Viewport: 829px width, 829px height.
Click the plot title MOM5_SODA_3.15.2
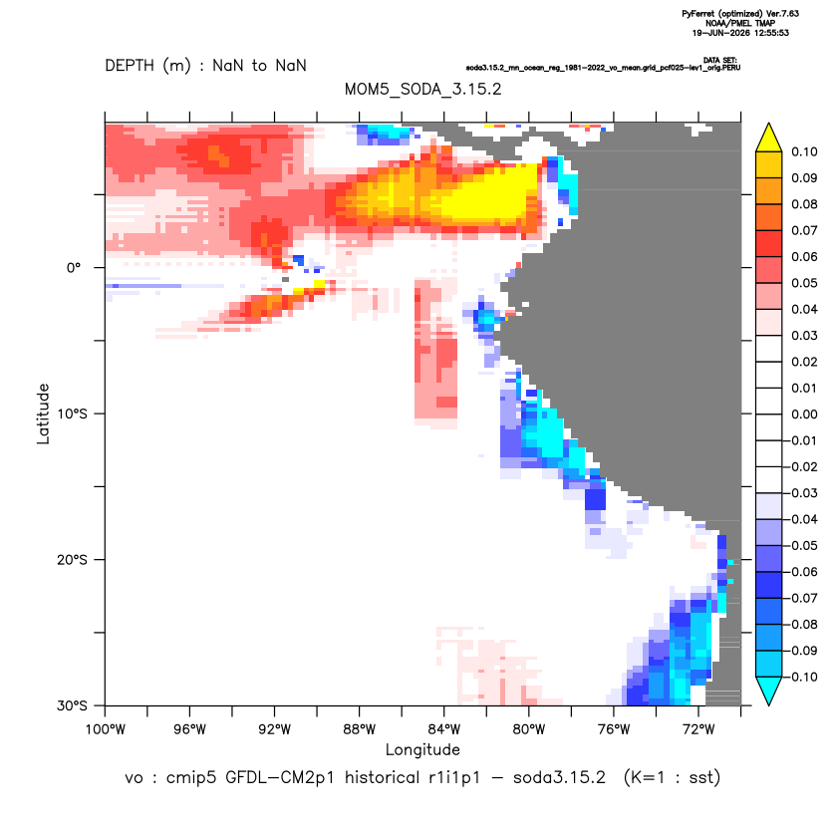(x=422, y=89)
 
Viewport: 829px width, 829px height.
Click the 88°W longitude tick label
(x=359, y=729)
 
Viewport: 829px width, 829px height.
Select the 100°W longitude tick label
(x=106, y=729)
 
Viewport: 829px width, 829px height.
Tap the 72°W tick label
(x=698, y=729)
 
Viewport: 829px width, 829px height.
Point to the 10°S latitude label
(x=72, y=414)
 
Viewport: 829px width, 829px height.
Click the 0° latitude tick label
(x=74, y=267)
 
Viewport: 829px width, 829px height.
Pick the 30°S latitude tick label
(x=72, y=705)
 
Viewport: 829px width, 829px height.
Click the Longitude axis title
(x=422, y=749)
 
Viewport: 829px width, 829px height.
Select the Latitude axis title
(x=43, y=414)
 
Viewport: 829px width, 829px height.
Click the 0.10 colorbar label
(x=804, y=151)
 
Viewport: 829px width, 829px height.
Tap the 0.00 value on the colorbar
(x=804, y=414)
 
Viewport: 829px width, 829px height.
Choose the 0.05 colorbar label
(x=804, y=283)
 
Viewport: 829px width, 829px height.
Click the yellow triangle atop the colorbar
(x=769, y=138)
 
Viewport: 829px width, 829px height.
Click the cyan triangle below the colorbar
(x=769, y=691)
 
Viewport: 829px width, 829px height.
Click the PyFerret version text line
(x=740, y=14)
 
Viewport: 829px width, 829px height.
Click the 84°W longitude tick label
(x=443, y=729)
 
